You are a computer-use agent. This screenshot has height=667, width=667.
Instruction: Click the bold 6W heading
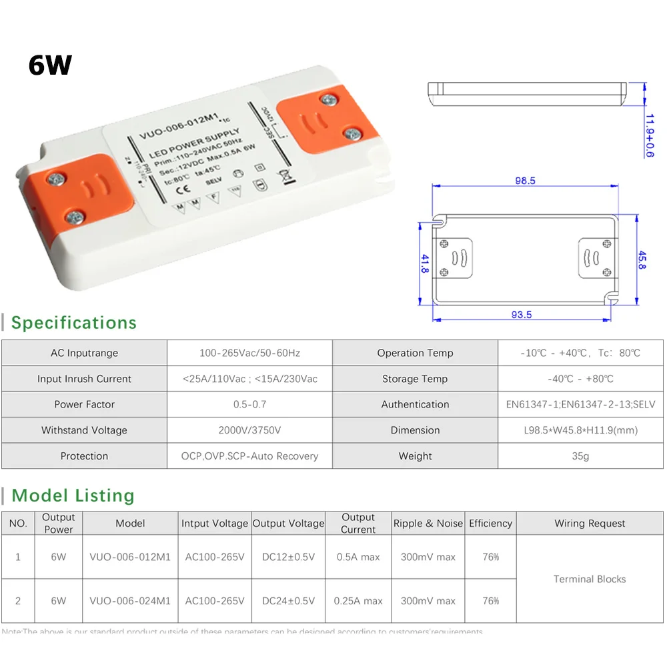[50, 65]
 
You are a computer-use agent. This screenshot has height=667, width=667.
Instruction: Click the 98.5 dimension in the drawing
[524, 181]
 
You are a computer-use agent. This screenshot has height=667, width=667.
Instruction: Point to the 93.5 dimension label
[520, 315]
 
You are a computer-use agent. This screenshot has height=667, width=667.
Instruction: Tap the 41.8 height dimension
[425, 263]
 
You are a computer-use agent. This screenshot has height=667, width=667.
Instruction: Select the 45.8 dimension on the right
[642, 259]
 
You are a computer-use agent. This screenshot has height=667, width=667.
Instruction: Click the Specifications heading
[73, 323]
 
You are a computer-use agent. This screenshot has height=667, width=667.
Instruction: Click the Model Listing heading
[73, 496]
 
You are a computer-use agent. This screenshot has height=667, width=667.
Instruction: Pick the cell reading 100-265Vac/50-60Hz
[249, 353]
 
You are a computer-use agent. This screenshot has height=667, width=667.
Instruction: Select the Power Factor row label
[84, 404]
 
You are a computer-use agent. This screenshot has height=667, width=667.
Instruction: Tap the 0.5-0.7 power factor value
[249, 404]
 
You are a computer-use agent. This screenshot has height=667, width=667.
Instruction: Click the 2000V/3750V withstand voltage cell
[249, 430]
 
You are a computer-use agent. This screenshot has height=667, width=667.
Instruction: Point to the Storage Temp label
[415, 379]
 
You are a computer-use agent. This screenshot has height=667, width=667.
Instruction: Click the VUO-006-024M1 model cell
[130, 600]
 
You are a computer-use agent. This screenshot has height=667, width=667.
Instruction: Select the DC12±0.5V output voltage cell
[288, 556]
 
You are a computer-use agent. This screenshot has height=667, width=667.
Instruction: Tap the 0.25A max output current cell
[358, 600]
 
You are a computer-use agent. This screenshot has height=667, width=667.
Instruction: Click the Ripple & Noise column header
[428, 524]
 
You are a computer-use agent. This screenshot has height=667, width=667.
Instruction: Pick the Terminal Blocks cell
[590, 579]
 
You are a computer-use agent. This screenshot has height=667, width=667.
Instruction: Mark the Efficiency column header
[490, 524]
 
